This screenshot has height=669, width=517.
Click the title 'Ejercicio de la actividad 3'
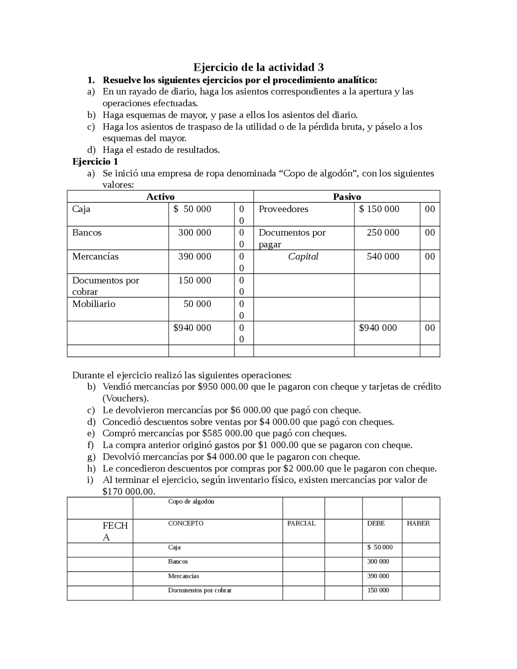coord(258,67)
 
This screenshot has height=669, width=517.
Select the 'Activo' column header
coord(160,197)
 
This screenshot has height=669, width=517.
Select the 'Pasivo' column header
coord(347,197)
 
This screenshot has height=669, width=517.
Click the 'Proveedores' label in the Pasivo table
coord(283,209)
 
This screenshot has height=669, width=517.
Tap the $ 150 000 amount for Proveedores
coord(379,209)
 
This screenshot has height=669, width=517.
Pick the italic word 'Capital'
coord(303,257)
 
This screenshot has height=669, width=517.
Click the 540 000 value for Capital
coord(382,257)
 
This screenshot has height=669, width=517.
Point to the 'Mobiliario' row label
coord(94,304)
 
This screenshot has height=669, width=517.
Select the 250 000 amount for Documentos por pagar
coord(382,233)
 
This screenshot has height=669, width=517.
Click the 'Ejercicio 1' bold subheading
coord(95,162)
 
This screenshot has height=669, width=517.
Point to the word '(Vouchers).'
coord(126,398)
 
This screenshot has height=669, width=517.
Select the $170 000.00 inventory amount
coord(128,492)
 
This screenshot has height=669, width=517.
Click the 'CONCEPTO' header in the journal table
coord(185,524)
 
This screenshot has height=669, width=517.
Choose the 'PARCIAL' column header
coord(301,524)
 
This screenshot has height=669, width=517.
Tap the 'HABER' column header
coord(418,524)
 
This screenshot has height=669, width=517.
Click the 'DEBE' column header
coord(376,524)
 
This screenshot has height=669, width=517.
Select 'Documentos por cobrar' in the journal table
coord(200,590)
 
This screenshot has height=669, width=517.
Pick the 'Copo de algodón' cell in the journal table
coord(191,502)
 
